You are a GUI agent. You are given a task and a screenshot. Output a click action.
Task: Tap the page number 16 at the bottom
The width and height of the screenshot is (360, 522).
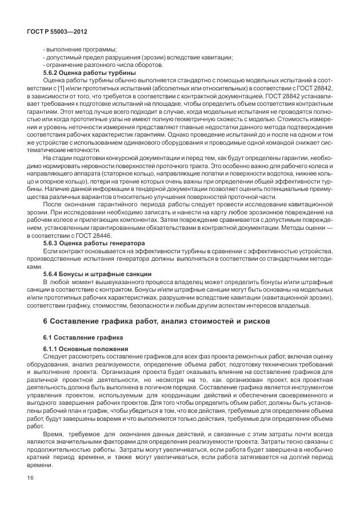coord(30,478)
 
